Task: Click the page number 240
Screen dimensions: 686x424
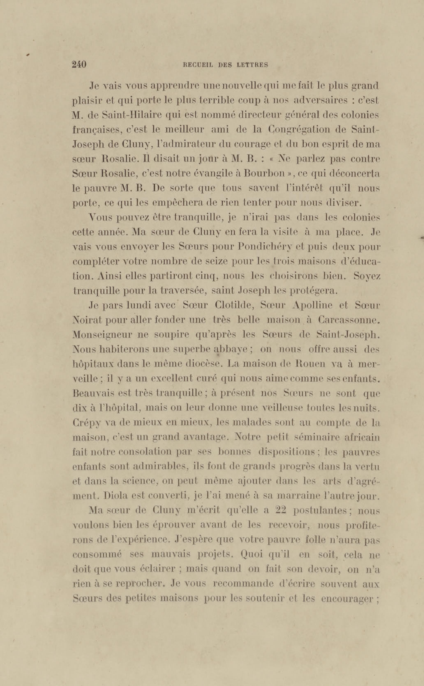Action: pyautogui.click(x=79, y=65)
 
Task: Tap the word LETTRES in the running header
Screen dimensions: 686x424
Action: pyautogui.click(x=252, y=65)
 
